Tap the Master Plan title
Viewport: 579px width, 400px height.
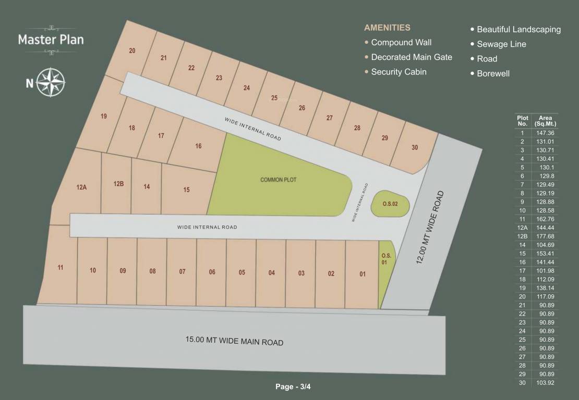[x=51, y=39]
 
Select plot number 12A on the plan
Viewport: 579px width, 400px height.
[x=81, y=187]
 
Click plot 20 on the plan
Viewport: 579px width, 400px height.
[x=132, y=51]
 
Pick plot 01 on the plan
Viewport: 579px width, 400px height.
[x=363, y=274]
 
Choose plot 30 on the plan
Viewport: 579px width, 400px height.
[x=415, y=147]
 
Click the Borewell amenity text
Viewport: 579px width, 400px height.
[x=493, y=73]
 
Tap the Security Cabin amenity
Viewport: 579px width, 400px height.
[x=399, y=72]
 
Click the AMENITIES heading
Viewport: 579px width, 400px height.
[x=387, y=28]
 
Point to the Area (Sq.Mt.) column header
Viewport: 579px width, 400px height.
[x=546, y=121]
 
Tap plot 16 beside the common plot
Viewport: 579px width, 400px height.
[x=198, y=146]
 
